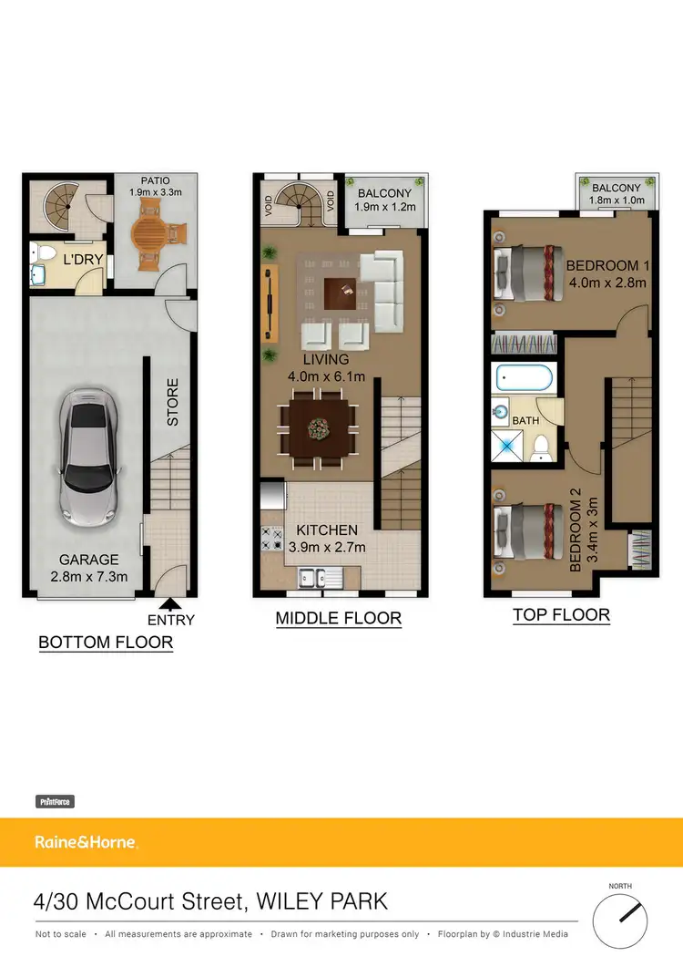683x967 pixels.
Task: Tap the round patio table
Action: [x=149, y=232]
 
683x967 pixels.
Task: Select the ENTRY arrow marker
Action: [x=170, y=602]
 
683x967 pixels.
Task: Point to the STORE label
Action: [x=173, y=402]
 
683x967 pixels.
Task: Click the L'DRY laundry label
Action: [x=82, y=260]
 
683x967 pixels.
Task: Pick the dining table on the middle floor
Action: [x=319, y=427]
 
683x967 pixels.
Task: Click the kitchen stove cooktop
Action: [x=271, y=539]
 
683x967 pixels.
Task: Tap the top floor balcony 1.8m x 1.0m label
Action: [x=617, y=194]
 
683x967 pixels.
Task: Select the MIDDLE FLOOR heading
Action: [x=339, y=619]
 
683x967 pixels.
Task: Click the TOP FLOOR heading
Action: [x=561, y=615]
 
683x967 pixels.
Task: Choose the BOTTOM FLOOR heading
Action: [x=106, y=643]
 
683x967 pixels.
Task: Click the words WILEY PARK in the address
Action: [x=322, y=902]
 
